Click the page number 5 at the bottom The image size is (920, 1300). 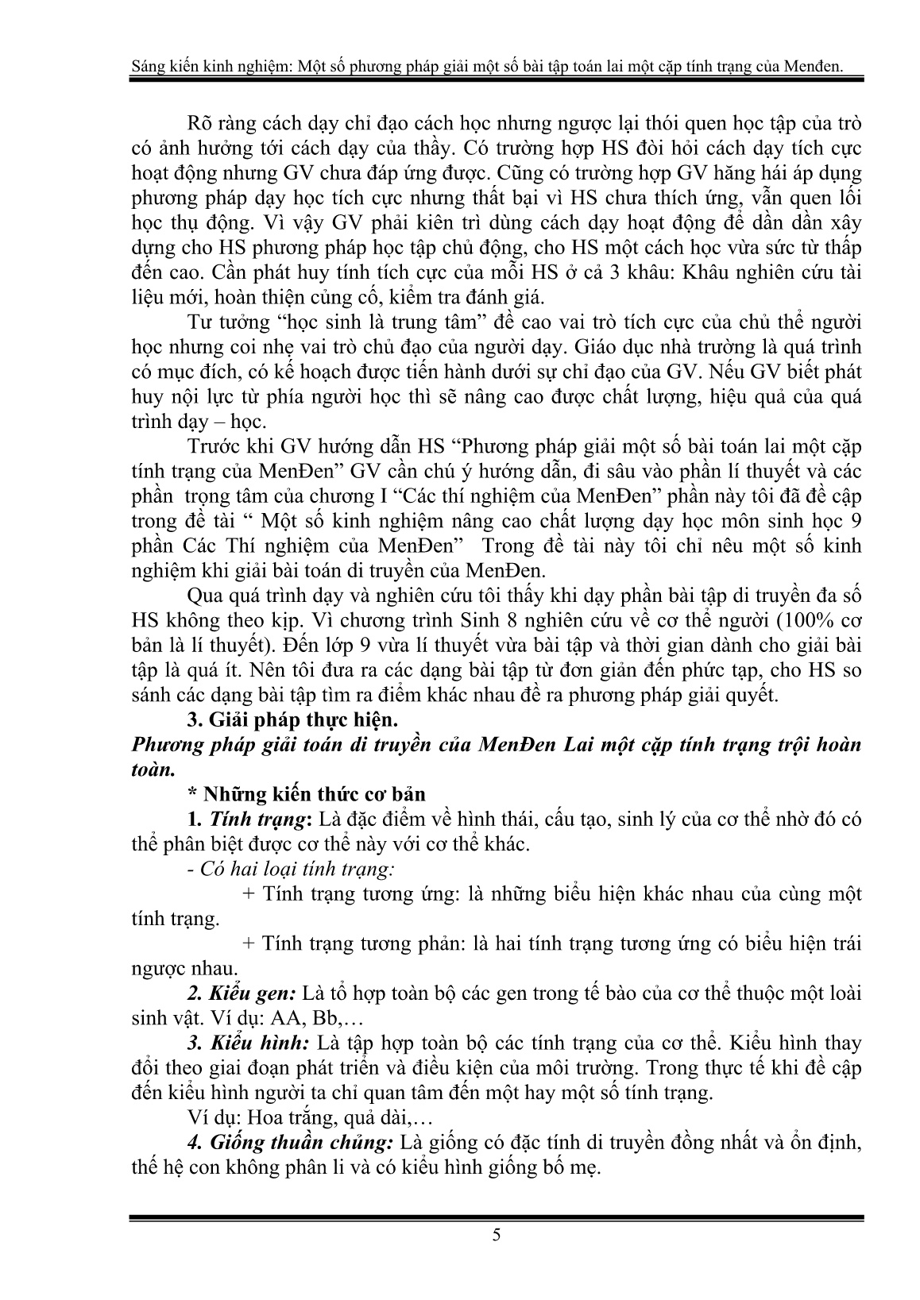(x=497, y=1256)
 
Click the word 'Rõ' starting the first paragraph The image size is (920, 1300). (x=195, y=125)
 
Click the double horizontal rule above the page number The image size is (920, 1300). (x=497, y=1219)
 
